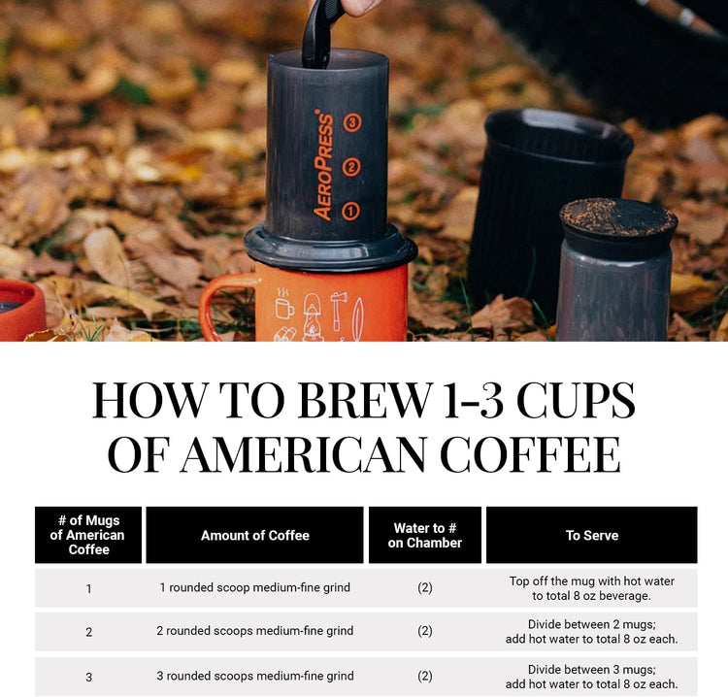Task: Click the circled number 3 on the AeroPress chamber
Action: pyautogui.click(x=352, y=123)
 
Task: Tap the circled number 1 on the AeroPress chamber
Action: pyautogui.click(x=351, y=210)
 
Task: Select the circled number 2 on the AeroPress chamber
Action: pyautogui.click(x=352, y=167)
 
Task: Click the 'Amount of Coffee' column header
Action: pyautogui.click(x=254, y=535)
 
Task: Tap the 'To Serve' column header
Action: pyautogui.click(x=591, y=535)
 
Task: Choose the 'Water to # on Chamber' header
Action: pyautogui.click(x=424, y=535)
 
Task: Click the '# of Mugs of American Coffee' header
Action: pyautogui.click(x=88, y=535)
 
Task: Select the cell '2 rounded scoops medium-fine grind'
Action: pyautogui.click(x=254, y=631)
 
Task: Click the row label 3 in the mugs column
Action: pyautogui.click(x=88, y=677)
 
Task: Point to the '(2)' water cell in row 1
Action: pyautogui.click(x=424, y=588)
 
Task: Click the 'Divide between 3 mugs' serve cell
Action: pyautogui.click(x=591, y=677)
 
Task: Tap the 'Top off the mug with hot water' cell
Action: pyautogui.click(x=591, y=588)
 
